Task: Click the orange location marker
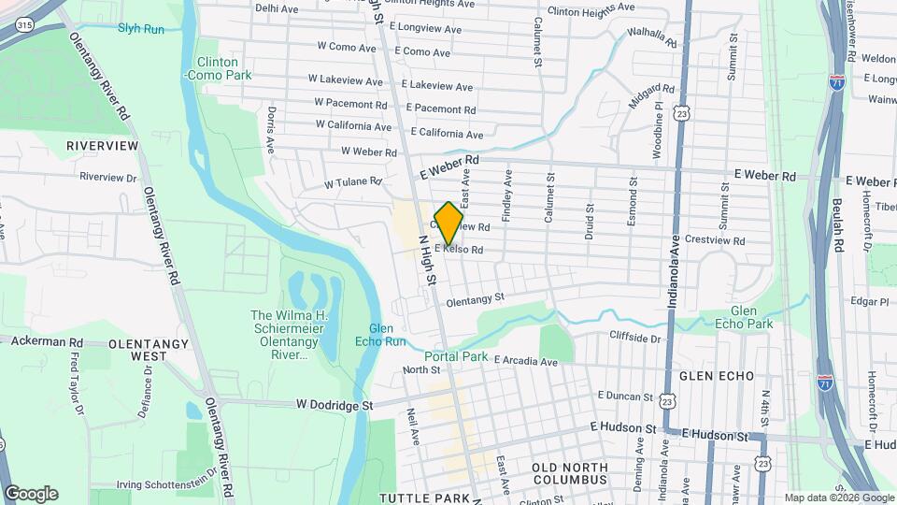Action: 448,224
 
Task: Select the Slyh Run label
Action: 141,29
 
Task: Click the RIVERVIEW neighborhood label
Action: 103,147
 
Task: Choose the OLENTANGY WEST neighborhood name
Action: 137,351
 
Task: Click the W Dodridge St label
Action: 335,406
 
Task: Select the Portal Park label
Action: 457,357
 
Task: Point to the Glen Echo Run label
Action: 387,335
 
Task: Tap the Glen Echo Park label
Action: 752,317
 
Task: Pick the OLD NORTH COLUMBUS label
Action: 569,473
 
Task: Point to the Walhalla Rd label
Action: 651,38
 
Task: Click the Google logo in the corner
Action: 31,493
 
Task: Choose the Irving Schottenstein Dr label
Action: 166,485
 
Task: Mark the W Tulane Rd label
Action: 353,182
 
